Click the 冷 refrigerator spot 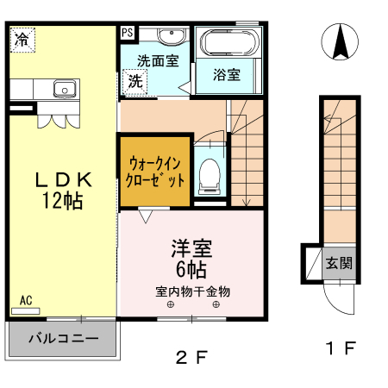click(22, 39)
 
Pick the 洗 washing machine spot click(136, 82)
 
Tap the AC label click(26, 300)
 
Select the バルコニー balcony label click(62, 336)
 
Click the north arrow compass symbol click(340, 42)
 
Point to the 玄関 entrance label click(337, 264)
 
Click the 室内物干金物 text click(193, 290)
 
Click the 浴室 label click(227, 75)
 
